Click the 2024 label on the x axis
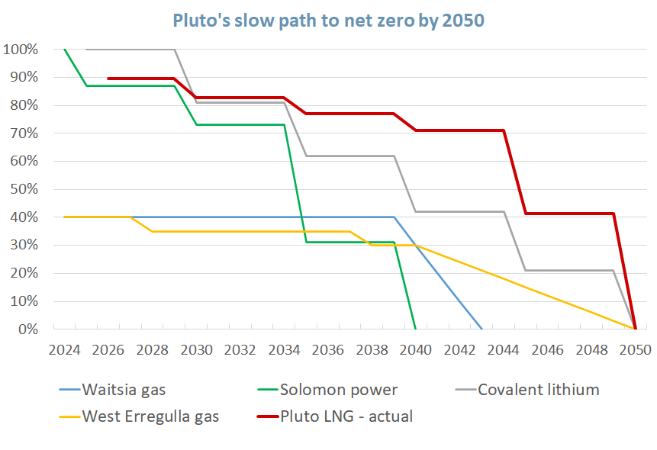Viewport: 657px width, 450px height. click(x=64, y=350)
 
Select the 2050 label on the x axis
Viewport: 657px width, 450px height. click(x=635, y=350)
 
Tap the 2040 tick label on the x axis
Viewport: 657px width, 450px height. click(x=416, y=350)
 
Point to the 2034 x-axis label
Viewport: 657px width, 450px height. click(x=284, y=350)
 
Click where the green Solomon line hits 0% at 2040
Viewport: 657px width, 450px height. click(x=416, y=329)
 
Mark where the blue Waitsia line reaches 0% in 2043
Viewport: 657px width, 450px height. click(x=481, y=329)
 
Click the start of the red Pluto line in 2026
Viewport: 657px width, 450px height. click(x=108, y=78)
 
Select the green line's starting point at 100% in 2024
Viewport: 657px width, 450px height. click(x=65, y=50)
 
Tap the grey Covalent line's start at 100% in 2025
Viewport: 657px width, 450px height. click(x=87, y=50)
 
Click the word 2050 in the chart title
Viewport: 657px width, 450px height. click(x=462, y=20)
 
